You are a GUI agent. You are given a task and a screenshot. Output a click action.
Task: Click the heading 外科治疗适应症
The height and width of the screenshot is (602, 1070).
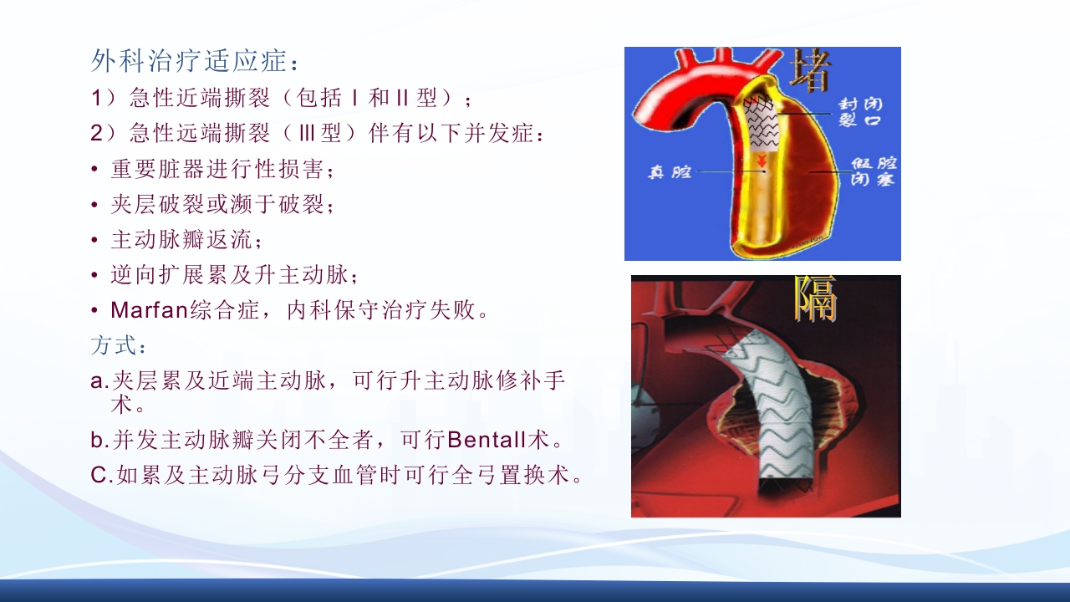coord(194,61)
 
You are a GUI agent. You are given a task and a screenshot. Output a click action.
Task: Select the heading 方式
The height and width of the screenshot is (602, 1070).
coord(117,345)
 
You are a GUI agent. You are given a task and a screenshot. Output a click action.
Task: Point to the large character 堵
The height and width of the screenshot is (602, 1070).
coord(809,70)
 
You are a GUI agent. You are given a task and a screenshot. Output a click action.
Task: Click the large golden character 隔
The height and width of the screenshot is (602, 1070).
coord(815,299)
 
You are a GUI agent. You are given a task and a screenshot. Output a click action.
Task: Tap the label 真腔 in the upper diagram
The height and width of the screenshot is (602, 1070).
coord(670,172)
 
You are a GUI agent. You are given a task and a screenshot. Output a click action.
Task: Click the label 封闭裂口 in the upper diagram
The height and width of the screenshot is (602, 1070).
coord(861,112)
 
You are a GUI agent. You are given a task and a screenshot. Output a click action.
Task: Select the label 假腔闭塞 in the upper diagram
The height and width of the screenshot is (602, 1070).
coord(874,170)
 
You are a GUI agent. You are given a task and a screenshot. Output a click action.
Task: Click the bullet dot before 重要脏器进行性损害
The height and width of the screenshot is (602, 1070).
coord(95,170)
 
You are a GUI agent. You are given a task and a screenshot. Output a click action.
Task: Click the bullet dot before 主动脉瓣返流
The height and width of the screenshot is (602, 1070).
coord(95,240)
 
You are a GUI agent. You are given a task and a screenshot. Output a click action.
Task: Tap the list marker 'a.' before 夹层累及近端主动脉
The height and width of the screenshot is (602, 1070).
coord(99,381)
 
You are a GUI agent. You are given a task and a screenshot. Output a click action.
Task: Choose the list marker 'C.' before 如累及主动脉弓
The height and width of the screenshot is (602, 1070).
coord(100,475)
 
